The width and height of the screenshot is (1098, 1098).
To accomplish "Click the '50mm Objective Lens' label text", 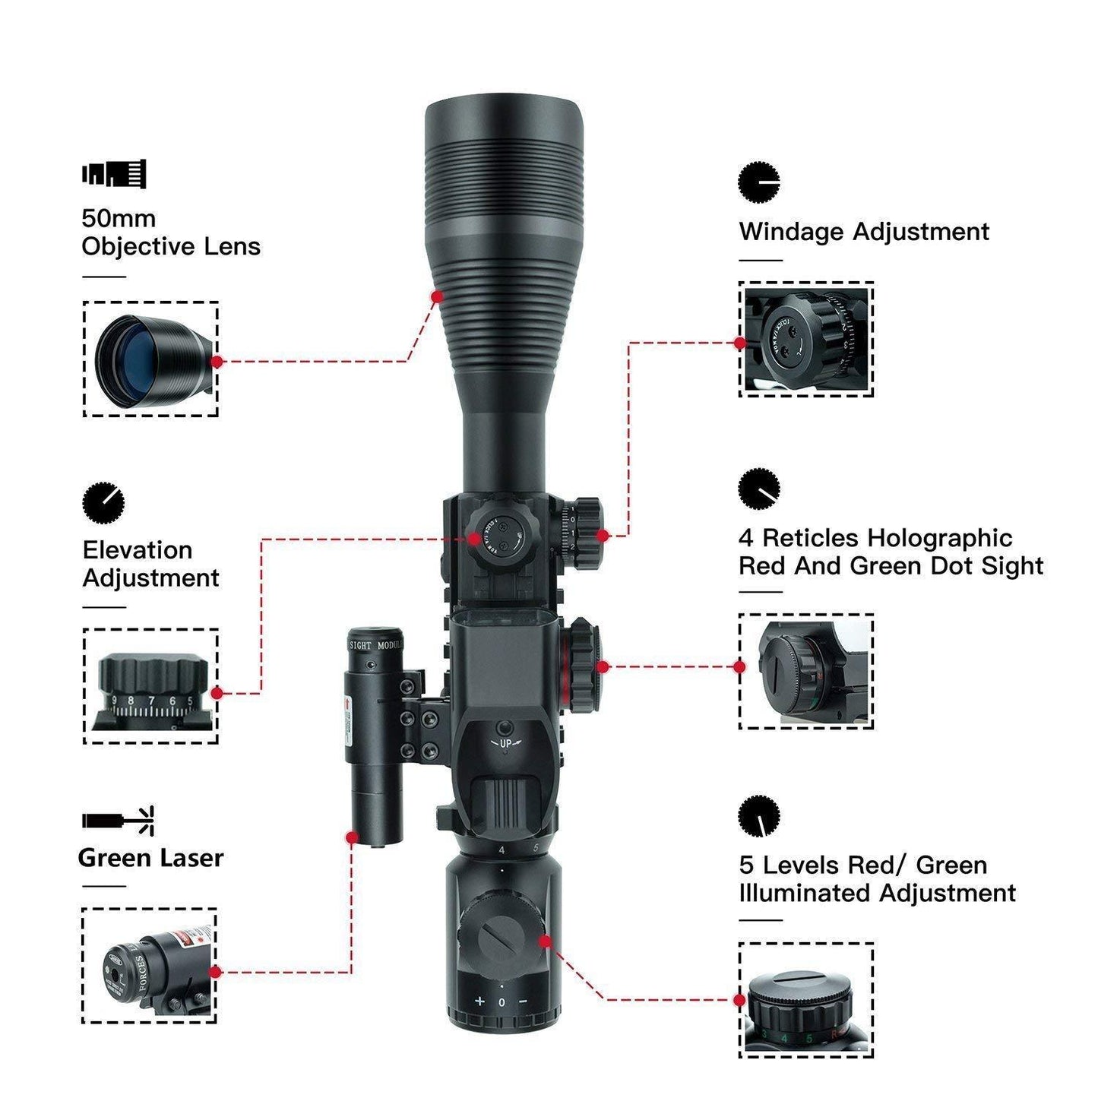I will pyautogui.click(x=170, y=233).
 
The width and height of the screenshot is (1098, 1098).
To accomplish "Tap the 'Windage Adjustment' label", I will pyautogui.click(x=864, y=232).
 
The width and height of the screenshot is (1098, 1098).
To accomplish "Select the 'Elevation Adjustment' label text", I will pyautogui.click(x=150, y=564).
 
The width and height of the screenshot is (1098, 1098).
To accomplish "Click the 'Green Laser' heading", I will pyautogui.click(x=150, y=858).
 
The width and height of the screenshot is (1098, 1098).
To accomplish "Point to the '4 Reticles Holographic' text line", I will pyautogui.click(x=875, y=538).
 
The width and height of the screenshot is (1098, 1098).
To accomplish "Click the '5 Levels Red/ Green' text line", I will pyautogui.click(x=863, y=865).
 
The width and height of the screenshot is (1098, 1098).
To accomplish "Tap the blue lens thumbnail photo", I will pyautogui.click(x=150, y=359).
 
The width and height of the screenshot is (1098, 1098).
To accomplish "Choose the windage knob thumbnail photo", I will pyautogui.click(x=805, y=339).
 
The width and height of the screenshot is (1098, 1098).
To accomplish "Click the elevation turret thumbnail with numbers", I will pyautogui.click(x=150, y=686).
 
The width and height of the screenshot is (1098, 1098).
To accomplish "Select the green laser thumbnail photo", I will pyautogui.click(x=149, y=965).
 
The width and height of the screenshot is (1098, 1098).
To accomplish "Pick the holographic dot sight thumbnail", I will pyautogui.click(x=805, y=671).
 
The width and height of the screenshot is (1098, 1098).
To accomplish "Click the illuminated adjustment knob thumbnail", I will pyautogui.click(x=805, y=1000).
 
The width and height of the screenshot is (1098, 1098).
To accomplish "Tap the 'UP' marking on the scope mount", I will pyautogui.click(x=506, y=743).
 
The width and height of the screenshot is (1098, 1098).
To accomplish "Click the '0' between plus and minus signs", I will pyautogui.click(x=502, y=1002).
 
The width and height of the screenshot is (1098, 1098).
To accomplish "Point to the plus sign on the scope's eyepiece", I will pyautogui.click(x=479, y=1001).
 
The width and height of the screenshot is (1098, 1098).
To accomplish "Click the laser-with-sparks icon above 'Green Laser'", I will pyautogui.click(x=118, y=821).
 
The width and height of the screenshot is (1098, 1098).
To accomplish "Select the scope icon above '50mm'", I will pyautogui.click(x=114, y=174).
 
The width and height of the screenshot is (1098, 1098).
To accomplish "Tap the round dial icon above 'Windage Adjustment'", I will pyautogui.click(x=758, y=182).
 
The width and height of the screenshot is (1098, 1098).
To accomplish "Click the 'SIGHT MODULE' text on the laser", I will pyautogui.click(x=375, y=645).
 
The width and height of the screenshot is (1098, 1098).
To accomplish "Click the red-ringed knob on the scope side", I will pyautogui.click(x=581, y=666).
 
